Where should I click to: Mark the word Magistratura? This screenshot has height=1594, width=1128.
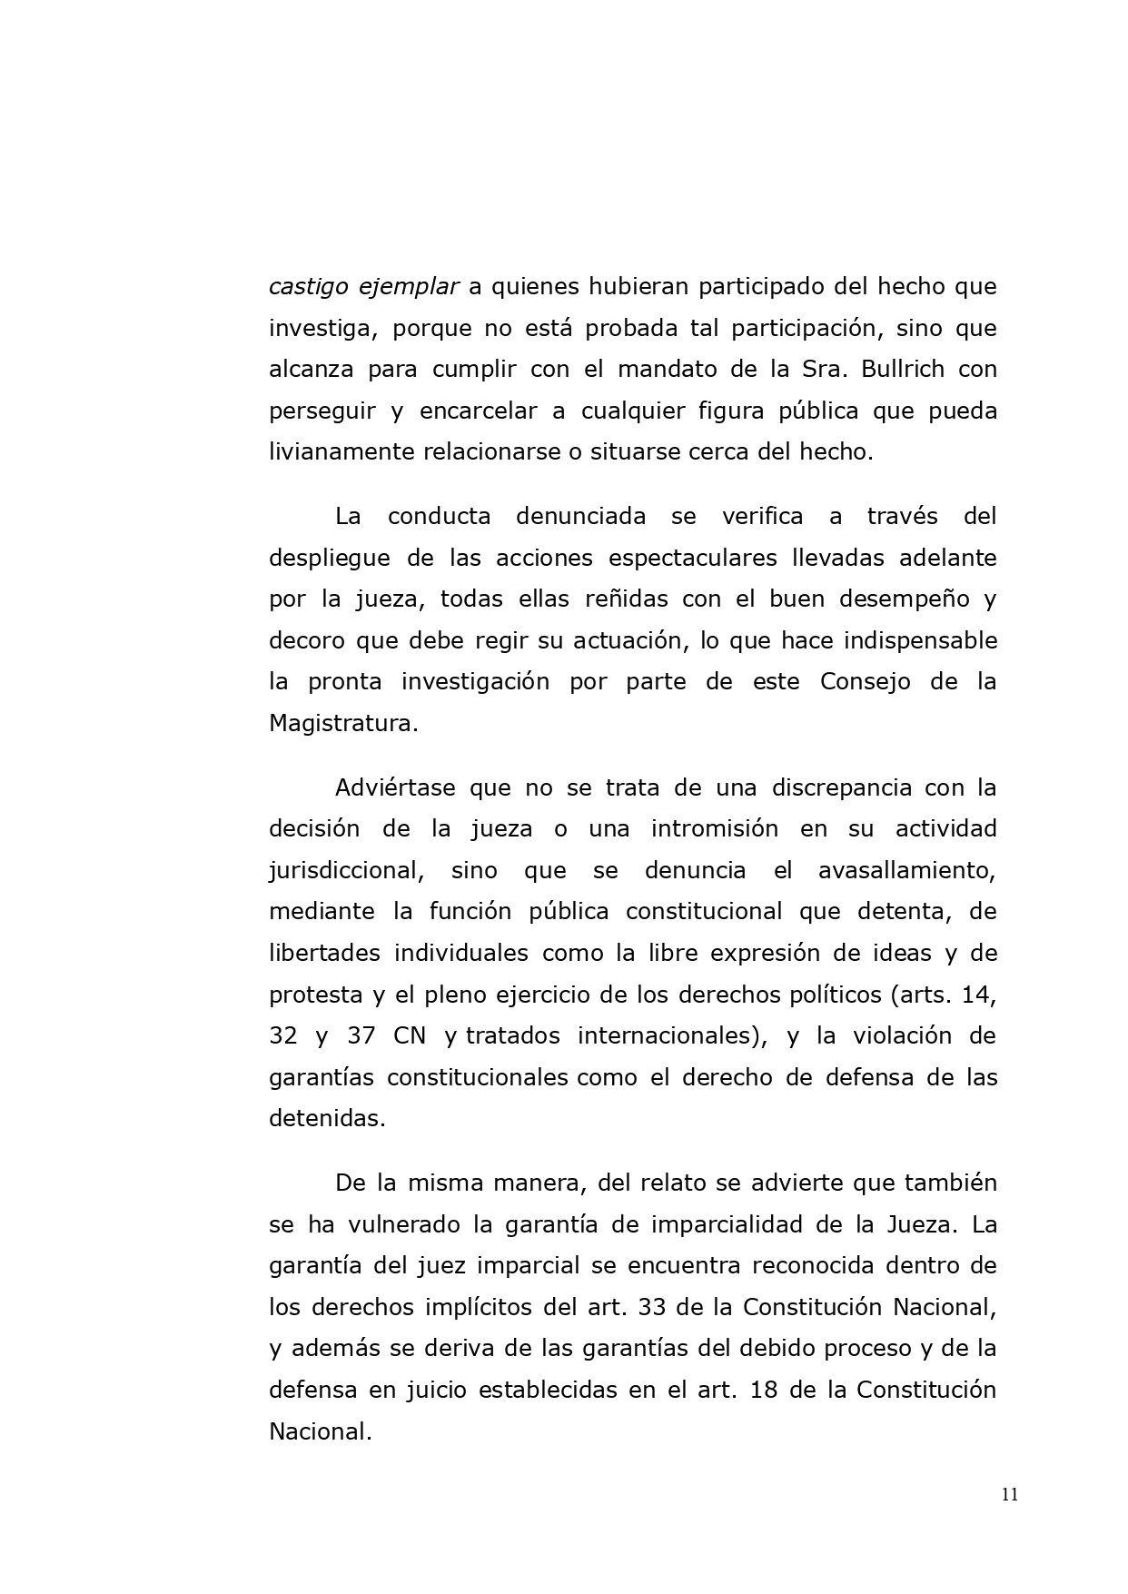(x=343, y=723)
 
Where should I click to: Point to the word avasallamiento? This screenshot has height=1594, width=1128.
(x=907, y=870)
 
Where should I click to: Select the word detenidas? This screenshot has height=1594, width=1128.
(x=327, y=1118)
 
